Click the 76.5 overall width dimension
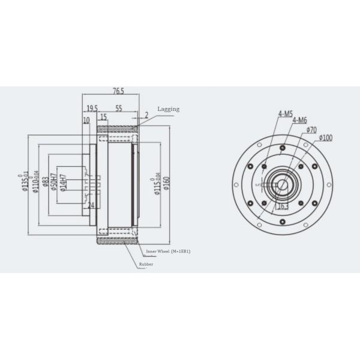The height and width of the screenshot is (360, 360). click(118, 91)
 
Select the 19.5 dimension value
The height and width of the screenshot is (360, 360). click(92, 109)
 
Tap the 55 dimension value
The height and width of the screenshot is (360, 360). click(119, 109)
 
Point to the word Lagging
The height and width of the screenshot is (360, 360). click(169, 109)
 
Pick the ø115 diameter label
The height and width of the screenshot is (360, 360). click(158, 182)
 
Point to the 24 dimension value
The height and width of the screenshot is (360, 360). click(92, 205)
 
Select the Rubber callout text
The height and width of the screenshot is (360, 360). click(146, 263)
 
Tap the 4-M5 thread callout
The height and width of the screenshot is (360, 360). click(285, 113)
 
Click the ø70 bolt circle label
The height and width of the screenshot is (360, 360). click(311, 129)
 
